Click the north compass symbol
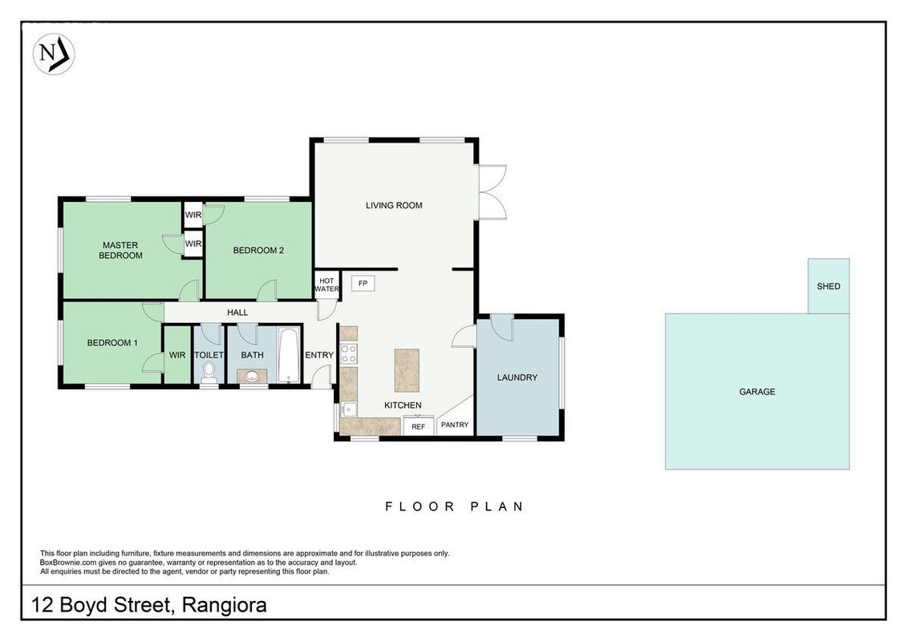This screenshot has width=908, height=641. click(54, 54)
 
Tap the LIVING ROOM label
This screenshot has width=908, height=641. click(394, 205)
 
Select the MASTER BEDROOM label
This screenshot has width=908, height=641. click(120, 250)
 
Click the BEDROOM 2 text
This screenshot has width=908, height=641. click(258, 251)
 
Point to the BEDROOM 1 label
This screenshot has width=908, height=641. click(112, 343)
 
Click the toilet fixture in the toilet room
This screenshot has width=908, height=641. click(209, 373)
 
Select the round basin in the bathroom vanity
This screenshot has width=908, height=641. click(252, 377)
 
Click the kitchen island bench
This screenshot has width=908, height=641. click(407, 370)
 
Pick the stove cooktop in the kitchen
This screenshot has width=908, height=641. click(349, 353)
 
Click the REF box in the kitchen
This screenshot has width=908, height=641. click(418, 425)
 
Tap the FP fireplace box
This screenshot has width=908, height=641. click(363, 284)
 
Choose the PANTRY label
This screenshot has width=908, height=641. click(455, 425)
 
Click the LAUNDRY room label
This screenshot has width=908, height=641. click(517, 377)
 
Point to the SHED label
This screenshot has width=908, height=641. click(828, 286)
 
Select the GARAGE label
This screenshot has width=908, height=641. click(757, 392)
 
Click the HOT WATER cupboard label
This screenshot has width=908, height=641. click(326, 284)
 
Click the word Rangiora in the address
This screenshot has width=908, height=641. click(224, 605)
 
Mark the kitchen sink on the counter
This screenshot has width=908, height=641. click(349, 409)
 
